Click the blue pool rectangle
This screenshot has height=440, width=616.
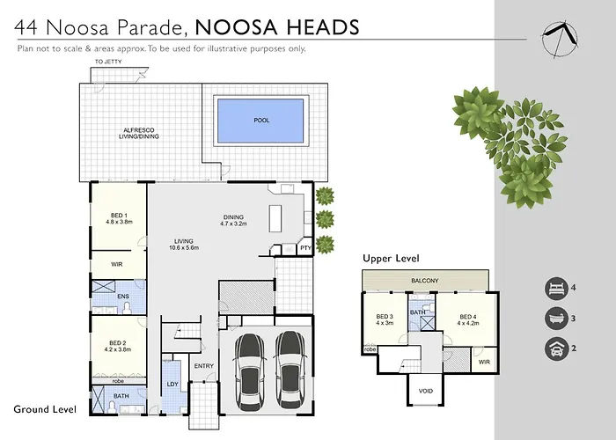pyautogui.click(x=260, y=121)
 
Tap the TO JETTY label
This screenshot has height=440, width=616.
pyautogui.click(x=108, y=62)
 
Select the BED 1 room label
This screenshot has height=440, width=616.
pyautogui.click(x=119, y=216)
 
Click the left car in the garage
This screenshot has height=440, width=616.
pyautogui.click(x=250, y=370)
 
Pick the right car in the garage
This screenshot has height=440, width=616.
pyautogui.click(x=290, y=370)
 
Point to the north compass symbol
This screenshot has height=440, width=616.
pyautogui.click(x=560, y=40)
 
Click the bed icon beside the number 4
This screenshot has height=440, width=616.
pyautogui.click(x=556, y=289)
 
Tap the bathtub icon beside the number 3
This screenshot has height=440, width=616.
pyautogui.click(x=556, y=319)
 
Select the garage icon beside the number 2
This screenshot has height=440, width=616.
pyautogui.click(x=556, y=348)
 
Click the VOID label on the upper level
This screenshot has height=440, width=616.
pyautogui.click(x=426, y=391)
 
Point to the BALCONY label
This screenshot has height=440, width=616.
pyautogui.click(x=425, y=281)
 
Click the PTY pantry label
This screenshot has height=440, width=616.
pyautogui.click(x=305, y=248)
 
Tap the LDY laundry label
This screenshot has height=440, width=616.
pyautogui.click(x=172, y=384)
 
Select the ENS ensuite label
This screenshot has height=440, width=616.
pyautogui.click(x=123, y=297)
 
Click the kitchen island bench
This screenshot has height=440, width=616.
pyautogui.click(x=275, y=218)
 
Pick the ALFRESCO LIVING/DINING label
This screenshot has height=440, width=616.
pyautogui.click(x=139, y=133)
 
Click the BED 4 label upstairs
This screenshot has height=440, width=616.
pyautogui.click(x=468, y=317)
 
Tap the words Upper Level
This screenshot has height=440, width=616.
pyautogui.click(x=391, y=259)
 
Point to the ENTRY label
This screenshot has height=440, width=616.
pyautogui.click(x=204, y=366)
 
